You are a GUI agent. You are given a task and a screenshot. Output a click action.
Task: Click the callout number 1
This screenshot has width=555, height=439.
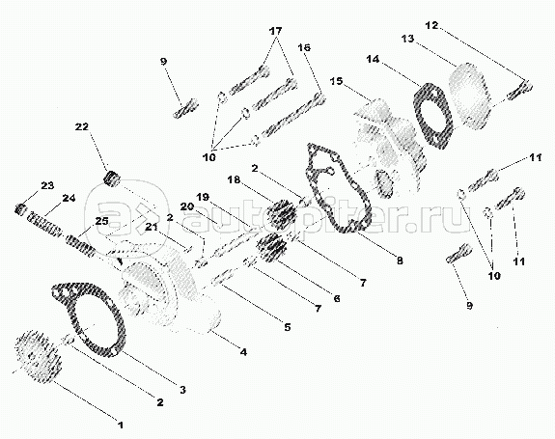(x=121, y=425)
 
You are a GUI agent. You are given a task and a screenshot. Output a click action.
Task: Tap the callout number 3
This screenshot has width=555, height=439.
(x=182, y=390)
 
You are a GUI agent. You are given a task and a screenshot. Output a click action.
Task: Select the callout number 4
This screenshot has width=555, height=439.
(x=243, y=352)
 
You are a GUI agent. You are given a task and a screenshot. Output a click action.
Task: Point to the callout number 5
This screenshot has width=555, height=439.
(x=287, y=327)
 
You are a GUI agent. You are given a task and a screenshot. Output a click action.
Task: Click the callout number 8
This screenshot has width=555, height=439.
(x=400, y=261)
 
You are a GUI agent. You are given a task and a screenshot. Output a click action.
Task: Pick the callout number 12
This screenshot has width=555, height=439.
(x=431, y=25)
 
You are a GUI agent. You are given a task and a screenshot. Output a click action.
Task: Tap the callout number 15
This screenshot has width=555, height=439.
(x=336, y=81)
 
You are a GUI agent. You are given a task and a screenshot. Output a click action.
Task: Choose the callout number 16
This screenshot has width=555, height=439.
(x=304, y=47)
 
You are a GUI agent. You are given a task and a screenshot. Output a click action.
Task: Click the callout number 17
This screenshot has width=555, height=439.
(x=276, y=31)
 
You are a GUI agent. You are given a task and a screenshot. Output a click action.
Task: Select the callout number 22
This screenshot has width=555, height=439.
(x=82, y=126)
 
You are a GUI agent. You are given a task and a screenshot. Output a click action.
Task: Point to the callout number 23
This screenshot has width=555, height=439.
(x=47, y=185)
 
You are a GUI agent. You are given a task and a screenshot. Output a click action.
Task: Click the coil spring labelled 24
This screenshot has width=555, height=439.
(x=46, y=224)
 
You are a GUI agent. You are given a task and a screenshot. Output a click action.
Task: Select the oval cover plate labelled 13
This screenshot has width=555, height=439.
(x=470, y=95)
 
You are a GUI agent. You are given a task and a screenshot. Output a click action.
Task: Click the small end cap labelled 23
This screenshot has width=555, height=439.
(x=20, y=209)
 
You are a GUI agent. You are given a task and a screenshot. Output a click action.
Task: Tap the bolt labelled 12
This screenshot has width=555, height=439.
(x=520, y=90)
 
